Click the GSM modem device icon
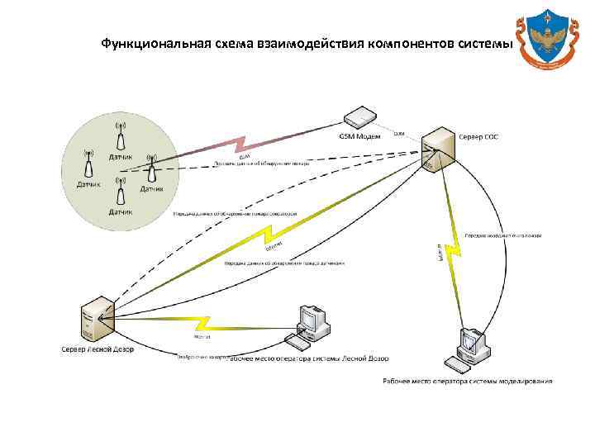[x=360, y=118]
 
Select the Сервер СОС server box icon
[x=437, y=148]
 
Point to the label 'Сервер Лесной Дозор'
[x=98, y=349]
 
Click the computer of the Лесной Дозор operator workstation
[x=313, y=321]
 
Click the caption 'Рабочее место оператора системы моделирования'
[x=467, y=381]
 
